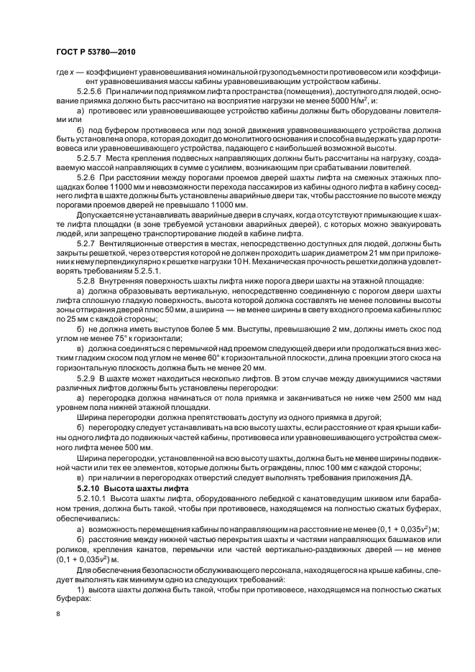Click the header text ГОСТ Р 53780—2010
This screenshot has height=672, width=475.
(x=96, y=54)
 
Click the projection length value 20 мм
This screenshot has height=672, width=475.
(x=254, y=365)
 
